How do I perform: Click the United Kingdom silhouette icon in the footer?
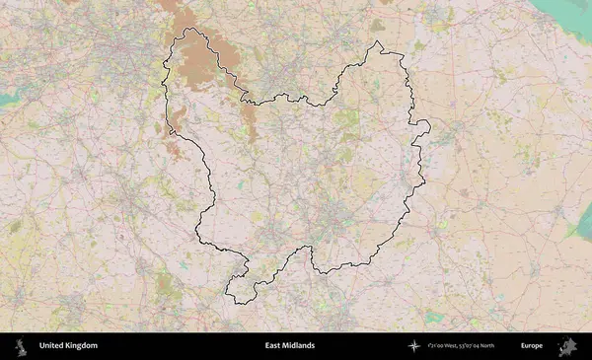coord(20,345)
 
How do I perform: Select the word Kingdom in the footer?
coord(82,345)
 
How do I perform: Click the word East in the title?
coord(273,345)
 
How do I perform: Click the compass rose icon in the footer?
coord(414,345)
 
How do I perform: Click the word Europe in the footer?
coord(532,345)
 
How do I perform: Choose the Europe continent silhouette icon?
coord(569,345)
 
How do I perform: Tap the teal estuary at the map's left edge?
coord(8,99)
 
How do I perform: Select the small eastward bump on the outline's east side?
coord(425,125)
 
